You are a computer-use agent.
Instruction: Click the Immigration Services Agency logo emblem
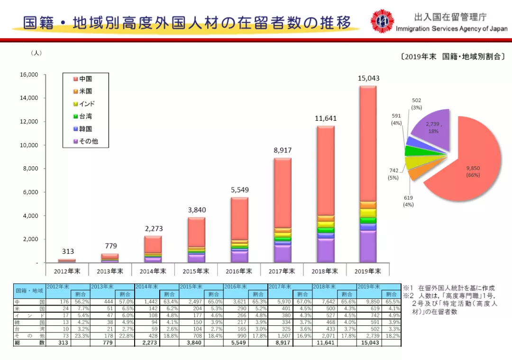[382, 21]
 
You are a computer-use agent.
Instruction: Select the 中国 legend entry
[85, 79]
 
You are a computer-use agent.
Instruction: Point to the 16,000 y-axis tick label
[28, 75]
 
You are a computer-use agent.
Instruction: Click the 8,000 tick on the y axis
[29, 169]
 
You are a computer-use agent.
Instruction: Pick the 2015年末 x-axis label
[196, 271]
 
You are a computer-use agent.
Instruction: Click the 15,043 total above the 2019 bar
[368, 78]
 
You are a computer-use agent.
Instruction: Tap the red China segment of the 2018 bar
[326, 171]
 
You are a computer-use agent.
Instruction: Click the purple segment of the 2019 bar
[368, 246]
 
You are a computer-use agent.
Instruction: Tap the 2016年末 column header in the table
[237, 287]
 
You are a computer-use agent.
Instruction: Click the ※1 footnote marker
[407, 288]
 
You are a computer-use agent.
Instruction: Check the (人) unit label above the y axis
[36, 53]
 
